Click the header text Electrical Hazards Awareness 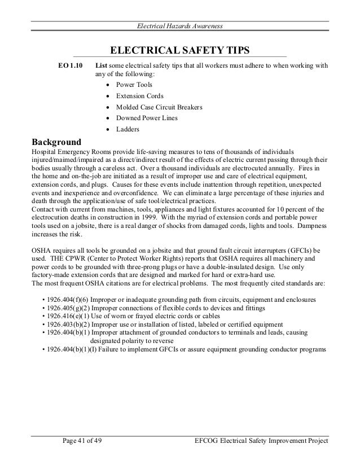pyautogui.click(x=181, y=26)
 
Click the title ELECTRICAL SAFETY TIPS pyautogui.click(x=179, y=51)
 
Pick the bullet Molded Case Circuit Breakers pyautogui.click(x=159, y=107)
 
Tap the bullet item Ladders pyautogui.click(x=128, y=129)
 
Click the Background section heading pyautogui.click(x=56, y=141)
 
